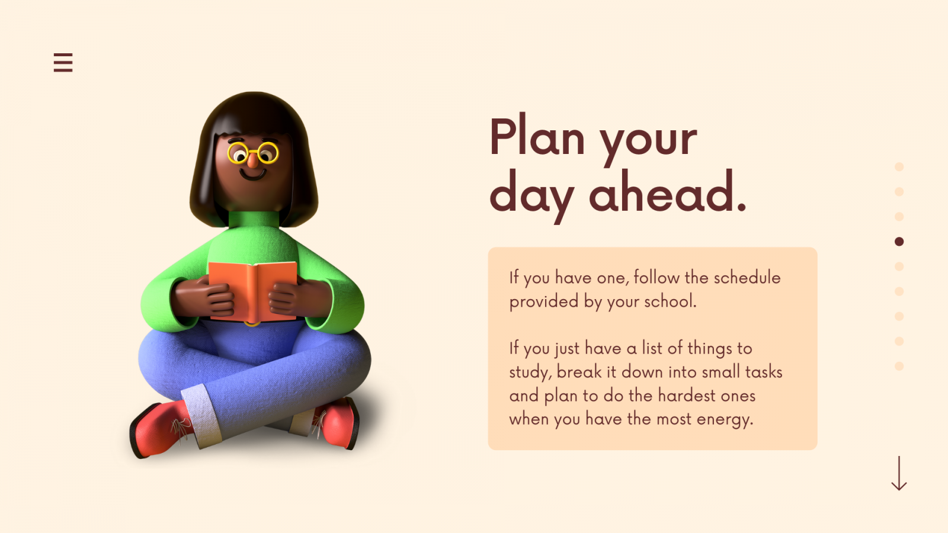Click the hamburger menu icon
pos(63,63)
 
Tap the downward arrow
pos(899,473)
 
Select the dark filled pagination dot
pos(899,242)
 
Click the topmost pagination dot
pos(899,166)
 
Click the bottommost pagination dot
pos(899,366)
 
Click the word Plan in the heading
pos(537,136)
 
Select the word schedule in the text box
pos(747,278)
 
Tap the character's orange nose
pos(252,160)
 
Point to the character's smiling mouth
pos(252,175)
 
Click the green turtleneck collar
pos(254,220)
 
